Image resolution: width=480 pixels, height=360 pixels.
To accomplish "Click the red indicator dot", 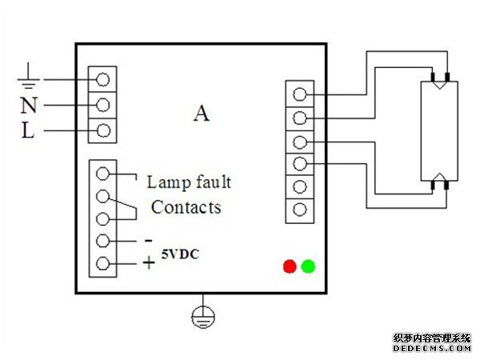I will [290, 266].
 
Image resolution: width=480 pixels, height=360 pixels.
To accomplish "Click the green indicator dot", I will [308, 266].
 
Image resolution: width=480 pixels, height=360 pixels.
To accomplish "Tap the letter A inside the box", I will [201, 114].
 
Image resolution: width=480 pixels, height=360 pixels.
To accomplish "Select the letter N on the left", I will [27, 106].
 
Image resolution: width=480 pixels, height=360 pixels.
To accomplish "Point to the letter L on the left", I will [27, 131].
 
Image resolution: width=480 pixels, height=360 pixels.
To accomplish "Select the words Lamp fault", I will [189, 182].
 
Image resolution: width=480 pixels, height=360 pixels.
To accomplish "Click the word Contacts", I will [186, 208].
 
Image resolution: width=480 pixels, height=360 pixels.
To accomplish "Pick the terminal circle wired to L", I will [102, 131].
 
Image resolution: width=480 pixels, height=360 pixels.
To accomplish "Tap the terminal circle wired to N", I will [102, 106].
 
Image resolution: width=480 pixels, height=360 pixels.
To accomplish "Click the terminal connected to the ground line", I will [102, 79].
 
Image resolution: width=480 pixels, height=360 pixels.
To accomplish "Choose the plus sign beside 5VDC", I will [149, 262].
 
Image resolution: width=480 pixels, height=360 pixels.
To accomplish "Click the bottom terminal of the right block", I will [299, 210].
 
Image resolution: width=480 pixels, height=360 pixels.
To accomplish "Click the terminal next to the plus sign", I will [102, 264].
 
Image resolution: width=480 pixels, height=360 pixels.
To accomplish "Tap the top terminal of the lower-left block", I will [102, 173].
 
